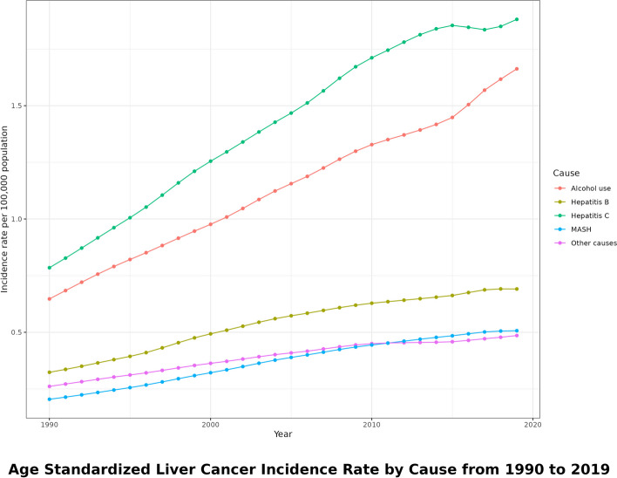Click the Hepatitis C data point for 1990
[x=50, y=268]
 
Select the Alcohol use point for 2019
[x=517, y=69]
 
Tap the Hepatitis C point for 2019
[x=517, y=19]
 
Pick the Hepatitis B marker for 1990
[x=50, y=372]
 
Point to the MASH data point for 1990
[x=50, y=399]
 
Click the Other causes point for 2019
[x=517, y=336]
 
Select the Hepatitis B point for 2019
[x=517, y=289]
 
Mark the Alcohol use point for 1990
[x=50, y=299]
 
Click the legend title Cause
[x=566, y=174]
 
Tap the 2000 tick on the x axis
[x=211, y=425]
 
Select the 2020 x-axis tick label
[x=532, y=425]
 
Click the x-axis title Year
[x=283, y=434]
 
